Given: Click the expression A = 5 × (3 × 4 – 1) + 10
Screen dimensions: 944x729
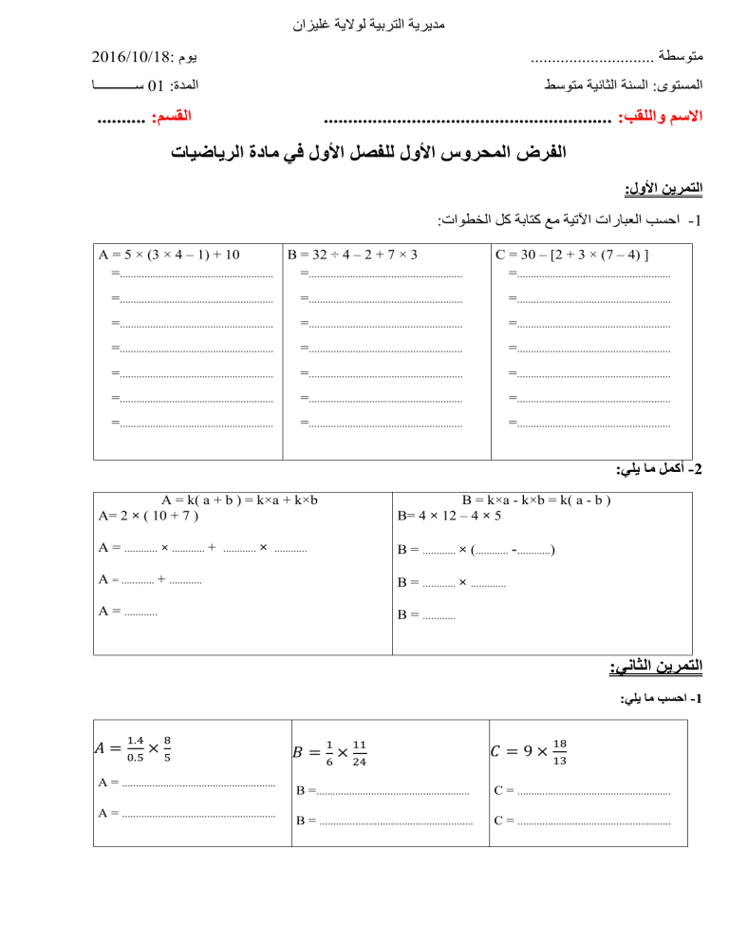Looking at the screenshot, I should pyautogui.click(x=169, y=255).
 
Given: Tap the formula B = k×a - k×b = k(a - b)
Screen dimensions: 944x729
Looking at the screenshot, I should pyautogui.click(x=535, y=500).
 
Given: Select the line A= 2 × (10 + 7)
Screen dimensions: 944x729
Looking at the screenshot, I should pyautogui.click(x=149, y=516).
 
